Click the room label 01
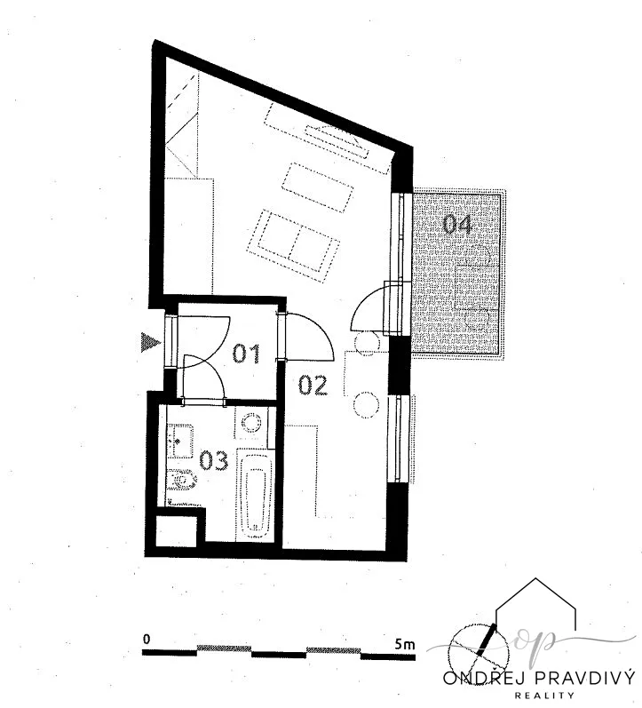point(246,354)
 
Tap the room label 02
point(313,386)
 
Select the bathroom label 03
point(214,461)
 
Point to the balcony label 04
point(457,225)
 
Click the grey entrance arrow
point(150,342)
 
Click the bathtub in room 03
point(255,494)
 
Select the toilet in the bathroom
point(181,480)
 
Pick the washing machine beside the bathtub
point(250,423)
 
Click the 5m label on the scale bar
point(404,644)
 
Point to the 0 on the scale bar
point(146,640)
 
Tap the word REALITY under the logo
point(544,696)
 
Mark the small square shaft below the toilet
point(177,531)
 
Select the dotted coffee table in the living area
point(317,187)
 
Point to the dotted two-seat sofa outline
point(293,246)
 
